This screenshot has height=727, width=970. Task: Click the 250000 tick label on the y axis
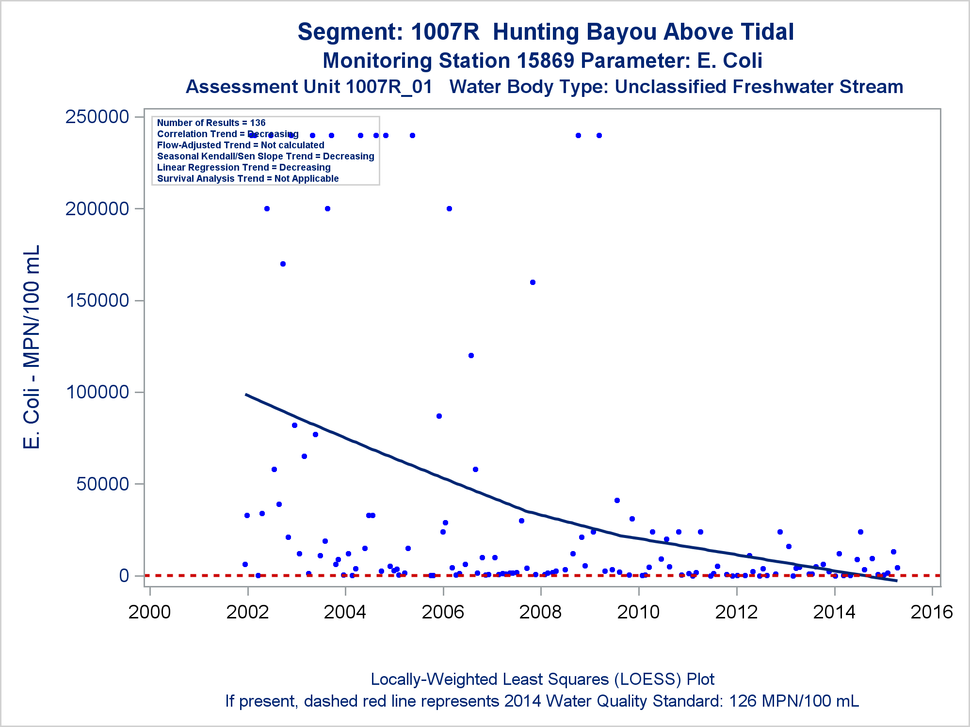97,117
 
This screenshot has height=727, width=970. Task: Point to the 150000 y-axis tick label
97,300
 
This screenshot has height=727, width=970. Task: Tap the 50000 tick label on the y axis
102,484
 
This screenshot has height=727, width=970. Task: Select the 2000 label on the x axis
149,612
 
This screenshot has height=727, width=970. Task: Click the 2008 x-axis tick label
540,612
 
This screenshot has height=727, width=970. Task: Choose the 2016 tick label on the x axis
932,612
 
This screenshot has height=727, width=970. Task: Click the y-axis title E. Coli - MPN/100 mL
32,347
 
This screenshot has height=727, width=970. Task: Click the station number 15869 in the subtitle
545,61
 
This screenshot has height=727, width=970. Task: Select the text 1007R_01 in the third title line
388,87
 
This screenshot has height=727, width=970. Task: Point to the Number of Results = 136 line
211,123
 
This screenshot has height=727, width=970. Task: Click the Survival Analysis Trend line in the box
247,178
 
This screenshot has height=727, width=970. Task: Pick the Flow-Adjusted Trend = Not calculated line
241,145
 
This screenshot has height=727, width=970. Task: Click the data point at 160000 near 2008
533,282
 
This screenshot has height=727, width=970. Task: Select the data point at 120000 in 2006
471,355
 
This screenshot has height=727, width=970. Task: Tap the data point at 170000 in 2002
283,264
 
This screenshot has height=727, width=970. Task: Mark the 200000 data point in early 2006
449,208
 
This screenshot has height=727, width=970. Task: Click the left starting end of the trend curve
246,395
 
